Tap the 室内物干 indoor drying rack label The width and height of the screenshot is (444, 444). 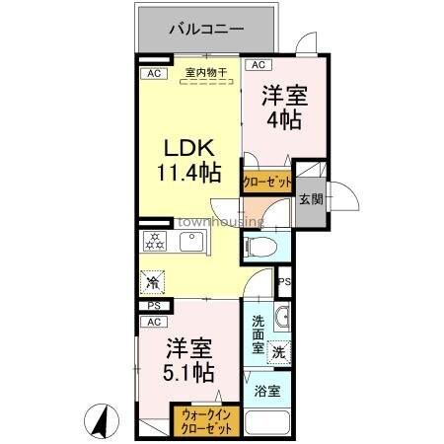[205, 72]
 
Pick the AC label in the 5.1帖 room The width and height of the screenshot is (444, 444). [153, 322]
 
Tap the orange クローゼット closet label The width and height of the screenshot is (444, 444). [266, 183]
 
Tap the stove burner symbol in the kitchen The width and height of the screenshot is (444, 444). [155, 242]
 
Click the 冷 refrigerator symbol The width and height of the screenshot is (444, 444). [153, 282]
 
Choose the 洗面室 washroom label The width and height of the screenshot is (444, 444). [257, 334]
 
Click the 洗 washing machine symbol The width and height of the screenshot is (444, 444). [279, 350]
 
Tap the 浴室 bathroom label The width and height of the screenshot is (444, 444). [266, 391]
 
